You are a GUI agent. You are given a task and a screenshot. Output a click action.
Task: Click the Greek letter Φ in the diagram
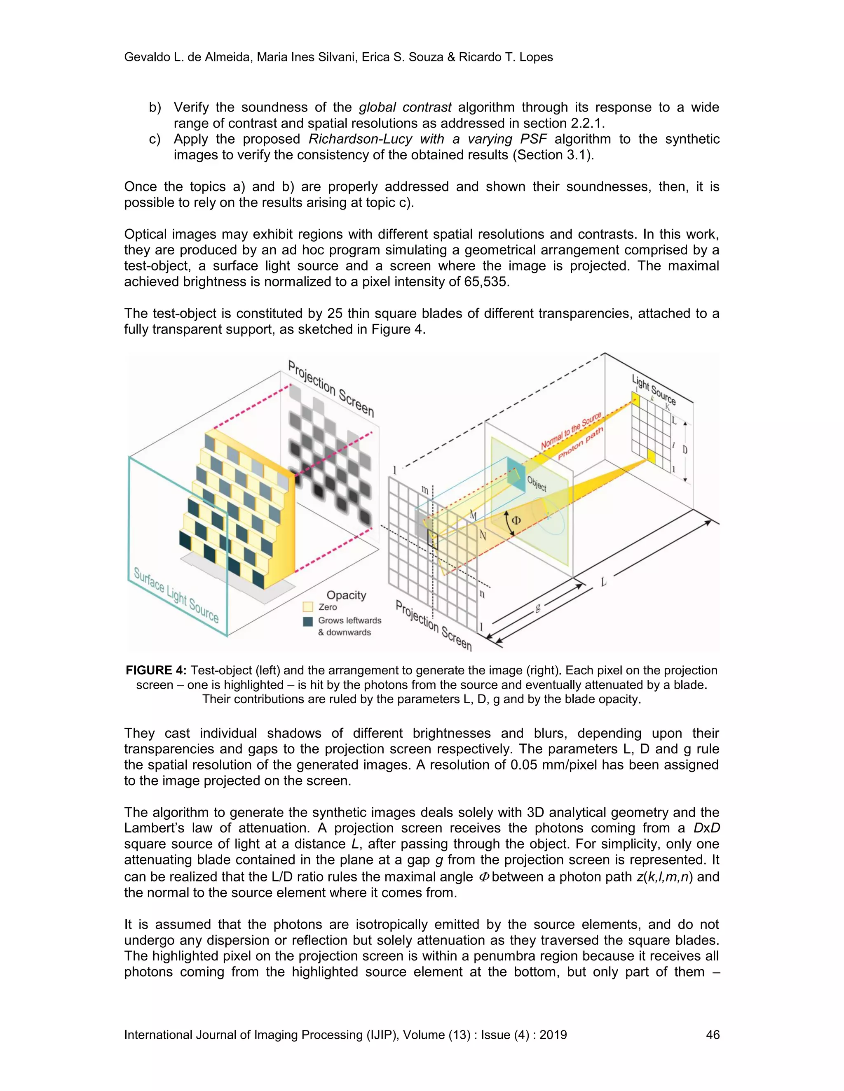pyautogui.click(x=516, y=520)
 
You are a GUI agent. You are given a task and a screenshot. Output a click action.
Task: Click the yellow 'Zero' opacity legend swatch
pyautogui.click(x=308, y=607)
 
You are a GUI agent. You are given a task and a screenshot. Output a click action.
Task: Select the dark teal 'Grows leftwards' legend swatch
pyautogui.click(x=308, y=621)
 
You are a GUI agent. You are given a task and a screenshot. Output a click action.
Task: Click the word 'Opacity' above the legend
pyautogui.click(x=346, y=595)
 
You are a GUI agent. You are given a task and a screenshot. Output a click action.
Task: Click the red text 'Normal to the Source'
pyautogui.click(x=570, y=431)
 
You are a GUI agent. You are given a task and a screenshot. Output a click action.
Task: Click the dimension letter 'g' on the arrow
pyautogui.click(x=538, y=607)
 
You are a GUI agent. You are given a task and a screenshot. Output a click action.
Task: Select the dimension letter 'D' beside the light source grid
pyautogui.click(x=685, y=450)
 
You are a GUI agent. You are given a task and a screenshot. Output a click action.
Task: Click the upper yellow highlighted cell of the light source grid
pyautogui.click(x=635, y=399)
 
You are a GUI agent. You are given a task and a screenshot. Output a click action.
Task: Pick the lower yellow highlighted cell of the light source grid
pyautogui.click(x=651, y=456)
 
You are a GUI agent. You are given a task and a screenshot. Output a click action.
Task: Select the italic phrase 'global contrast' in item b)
pyautogui.click(x=405, y=107)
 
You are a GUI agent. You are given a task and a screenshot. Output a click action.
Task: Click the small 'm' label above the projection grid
pyautogui.click(x=424, y=490)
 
